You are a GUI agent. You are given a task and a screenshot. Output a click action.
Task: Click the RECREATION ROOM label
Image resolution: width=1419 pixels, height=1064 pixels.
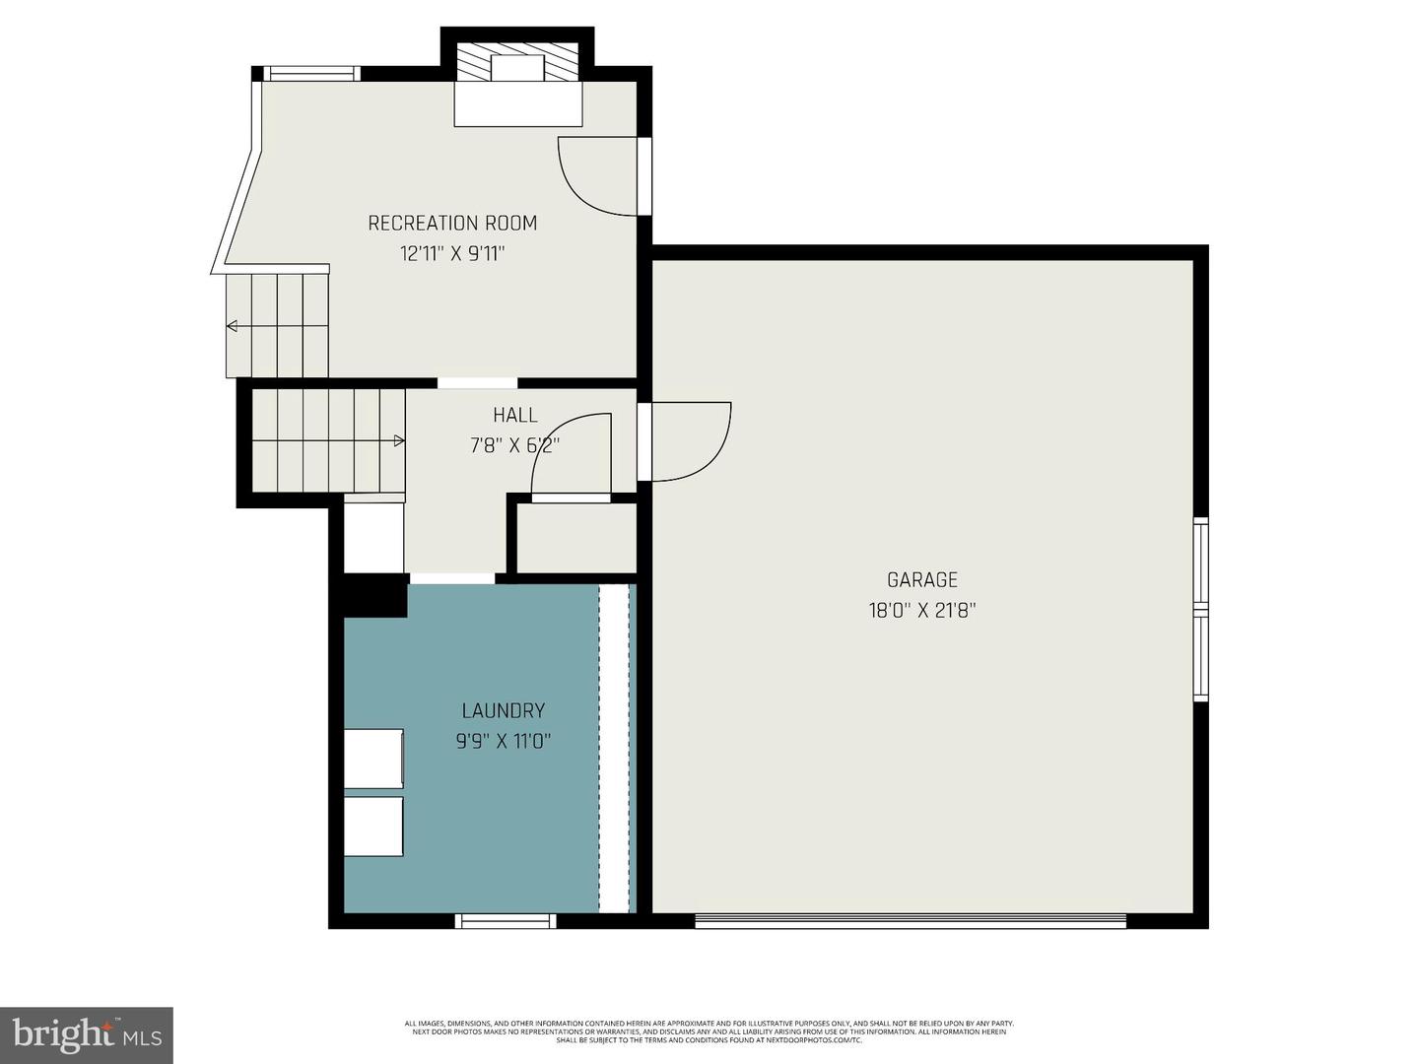click(x=452, y=224)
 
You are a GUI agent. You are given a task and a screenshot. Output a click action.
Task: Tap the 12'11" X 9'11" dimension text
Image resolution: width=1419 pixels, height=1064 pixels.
click(x=452, y=254)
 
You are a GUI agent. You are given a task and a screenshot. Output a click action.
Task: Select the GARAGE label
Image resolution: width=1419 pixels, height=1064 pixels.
click(x=921, y=580)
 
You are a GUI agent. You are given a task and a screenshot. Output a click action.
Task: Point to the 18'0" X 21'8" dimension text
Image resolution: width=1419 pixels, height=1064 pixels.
click(x=921, y=611)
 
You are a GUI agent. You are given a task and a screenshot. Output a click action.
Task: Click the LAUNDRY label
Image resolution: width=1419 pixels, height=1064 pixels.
click(x=504, y=710)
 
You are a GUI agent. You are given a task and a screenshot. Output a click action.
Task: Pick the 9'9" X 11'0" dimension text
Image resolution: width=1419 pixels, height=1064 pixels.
click(x=504, y=741)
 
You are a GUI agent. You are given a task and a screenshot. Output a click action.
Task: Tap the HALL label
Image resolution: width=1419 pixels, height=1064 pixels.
click(x=515, y=416)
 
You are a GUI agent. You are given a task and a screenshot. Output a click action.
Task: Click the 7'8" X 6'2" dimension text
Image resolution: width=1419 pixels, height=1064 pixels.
click(x=514, y=445)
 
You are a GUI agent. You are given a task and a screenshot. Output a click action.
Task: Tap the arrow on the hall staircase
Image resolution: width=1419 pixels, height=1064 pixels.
click(x=399, y=440)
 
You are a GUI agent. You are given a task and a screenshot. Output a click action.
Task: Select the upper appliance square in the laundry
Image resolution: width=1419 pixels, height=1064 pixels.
click(x=373, y=758)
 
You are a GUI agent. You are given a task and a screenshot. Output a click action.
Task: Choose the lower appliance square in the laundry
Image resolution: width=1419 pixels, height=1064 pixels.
click(x=373, y=827)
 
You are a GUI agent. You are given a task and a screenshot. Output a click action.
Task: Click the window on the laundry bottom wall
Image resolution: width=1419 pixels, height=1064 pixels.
click(x=506, y=921)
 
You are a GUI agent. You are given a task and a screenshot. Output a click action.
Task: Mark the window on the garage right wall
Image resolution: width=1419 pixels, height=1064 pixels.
click(x=1200, y=609)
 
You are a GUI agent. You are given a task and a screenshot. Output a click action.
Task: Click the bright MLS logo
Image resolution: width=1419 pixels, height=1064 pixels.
click(x=86, y=1034)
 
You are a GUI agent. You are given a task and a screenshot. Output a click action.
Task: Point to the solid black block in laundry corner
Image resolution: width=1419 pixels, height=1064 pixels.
click(x=375, y=596)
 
